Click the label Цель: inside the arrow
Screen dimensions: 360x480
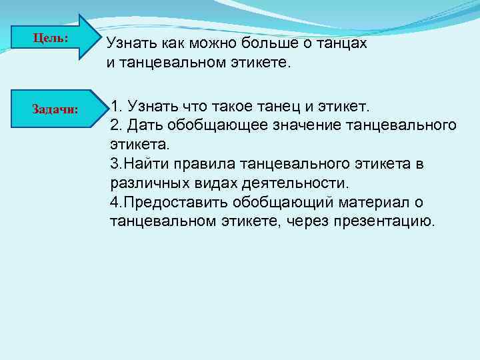(x=51, y=38)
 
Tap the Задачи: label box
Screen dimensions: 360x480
(x=56, y=109)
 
